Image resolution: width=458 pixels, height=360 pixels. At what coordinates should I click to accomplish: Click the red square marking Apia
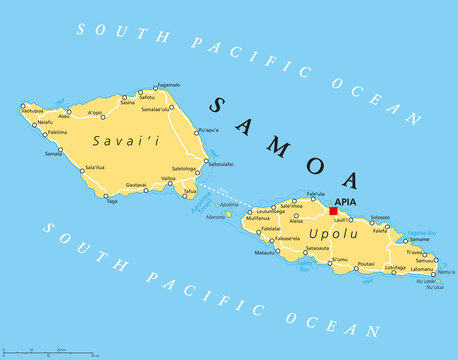point(333,211)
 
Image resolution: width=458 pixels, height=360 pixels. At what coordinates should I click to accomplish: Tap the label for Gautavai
point(135,184)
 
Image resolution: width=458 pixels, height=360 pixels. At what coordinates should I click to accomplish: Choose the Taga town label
point(112,201)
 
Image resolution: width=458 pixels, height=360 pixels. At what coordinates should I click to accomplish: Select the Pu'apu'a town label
point(208,130)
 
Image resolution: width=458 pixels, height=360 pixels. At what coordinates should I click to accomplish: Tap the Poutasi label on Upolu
point(366,265)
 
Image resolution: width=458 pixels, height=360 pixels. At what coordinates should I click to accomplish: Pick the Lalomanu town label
point(422,268)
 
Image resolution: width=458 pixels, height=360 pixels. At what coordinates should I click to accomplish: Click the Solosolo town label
point(380,216)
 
